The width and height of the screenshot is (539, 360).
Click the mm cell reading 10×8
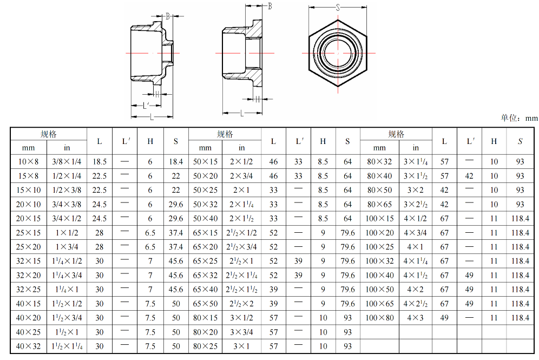click(28, 162)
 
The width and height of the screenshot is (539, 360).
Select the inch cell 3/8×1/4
click(67, 162)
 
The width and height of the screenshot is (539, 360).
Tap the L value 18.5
click(100, 162)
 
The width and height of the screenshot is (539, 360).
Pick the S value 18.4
click(176, 162)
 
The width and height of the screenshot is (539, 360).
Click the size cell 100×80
click(379, 318)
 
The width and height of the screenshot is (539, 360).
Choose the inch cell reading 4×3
click(415, 318)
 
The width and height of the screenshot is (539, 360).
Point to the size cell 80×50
click(379, 190)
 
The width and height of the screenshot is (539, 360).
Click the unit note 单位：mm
click(519, 118)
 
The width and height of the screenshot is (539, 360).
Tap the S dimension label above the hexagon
click(338, 8)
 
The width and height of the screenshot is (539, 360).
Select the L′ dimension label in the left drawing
click(146, 105)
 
